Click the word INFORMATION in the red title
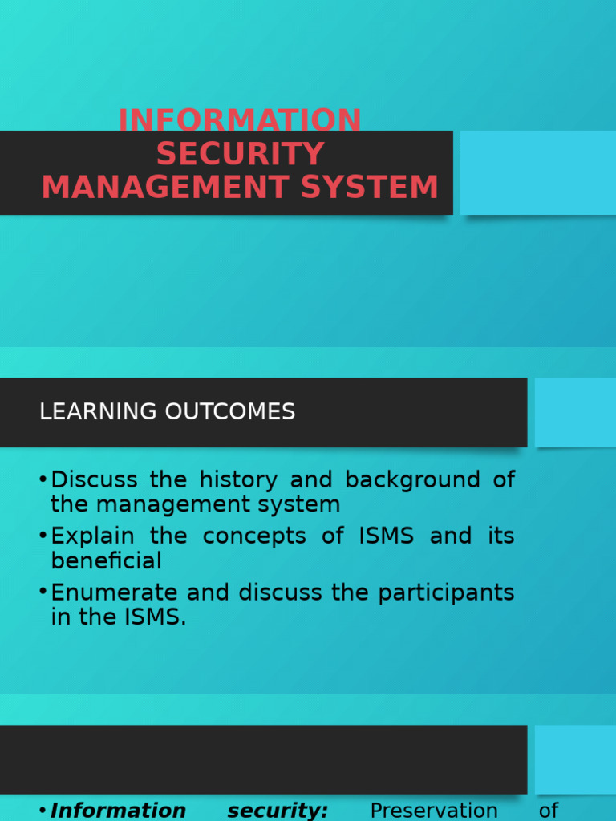(240, 120)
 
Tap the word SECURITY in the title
(240, 154)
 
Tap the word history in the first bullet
(237, 480)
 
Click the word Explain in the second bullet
(92, 536)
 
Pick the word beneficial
(107, 560)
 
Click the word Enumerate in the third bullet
(115, 592)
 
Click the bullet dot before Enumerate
(43, 592)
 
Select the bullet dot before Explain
(43, 536)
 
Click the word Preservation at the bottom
(434, 811)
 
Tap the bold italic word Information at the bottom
(118, 811)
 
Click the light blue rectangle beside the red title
(537, 172)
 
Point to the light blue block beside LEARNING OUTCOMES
(575, 412)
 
